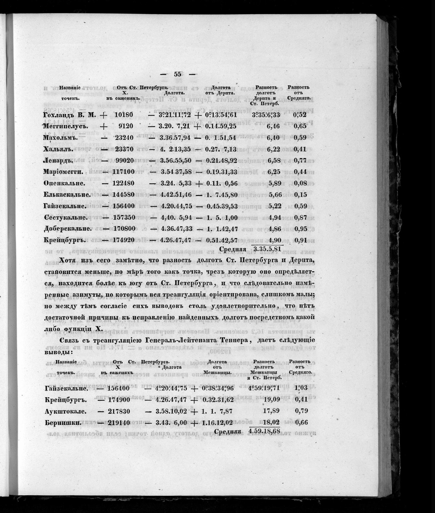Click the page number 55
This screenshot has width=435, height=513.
(178, 74)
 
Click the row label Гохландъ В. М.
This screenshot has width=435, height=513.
(70, 115)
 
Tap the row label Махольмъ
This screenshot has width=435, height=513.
(60, 138)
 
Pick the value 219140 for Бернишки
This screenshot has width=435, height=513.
(116, 422)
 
